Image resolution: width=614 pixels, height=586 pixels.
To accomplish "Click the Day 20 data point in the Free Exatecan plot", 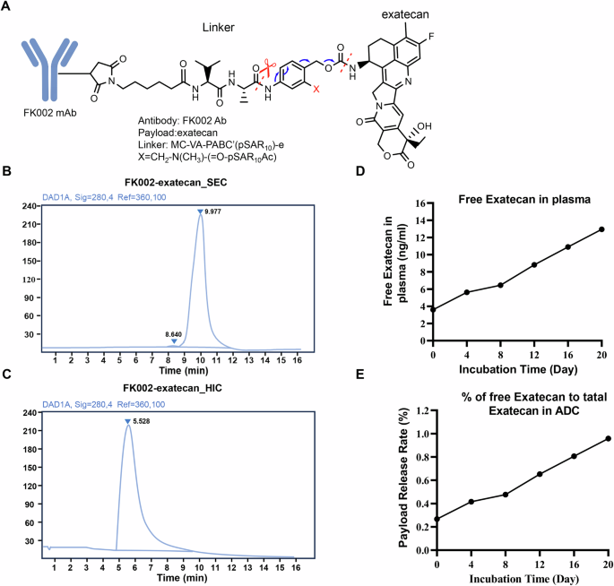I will [x=601, y=229].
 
